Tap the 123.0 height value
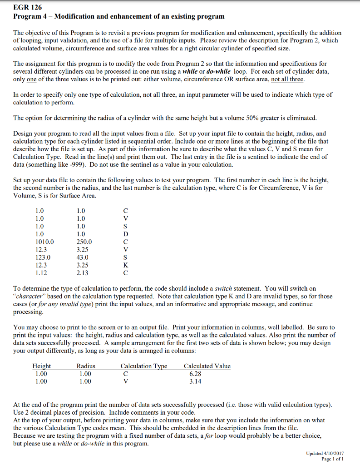click(x=43, y=257)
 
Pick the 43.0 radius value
click(x=83, y=257)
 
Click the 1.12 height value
click(x=41, y=273)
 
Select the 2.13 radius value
click(x=83, y=273)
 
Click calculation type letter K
click(x=126, y=265)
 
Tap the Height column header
click(x=42, y=366)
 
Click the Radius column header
click(x=86, y=366)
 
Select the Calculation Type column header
click(x=144, y=366)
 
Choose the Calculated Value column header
click(x=207, y=366)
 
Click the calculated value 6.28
click(x=195, y=374)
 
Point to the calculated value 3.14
click(x=195, y=381)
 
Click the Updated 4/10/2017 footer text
click(x=325, y=454)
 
